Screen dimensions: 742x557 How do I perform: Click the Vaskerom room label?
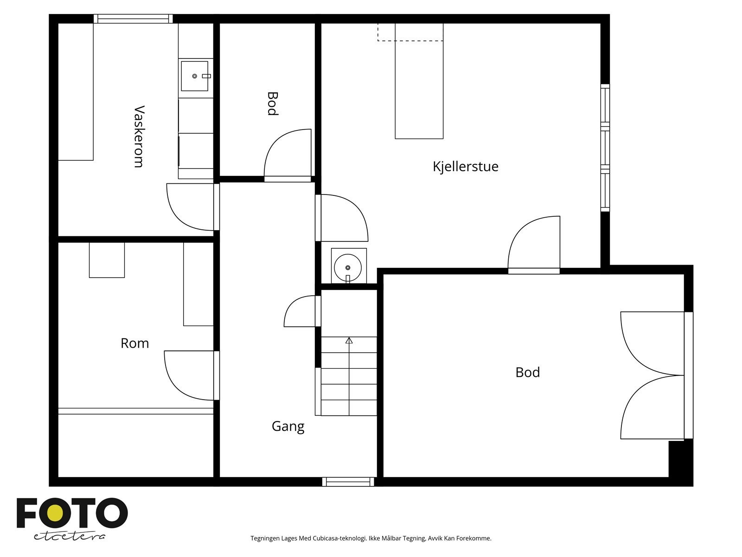(x=139, y=136)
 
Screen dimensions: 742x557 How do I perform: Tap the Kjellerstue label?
(x=466, y=167)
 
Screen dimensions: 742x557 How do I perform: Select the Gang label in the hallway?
(x=288, y=427)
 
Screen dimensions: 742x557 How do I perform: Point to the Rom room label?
(x=134, y=343)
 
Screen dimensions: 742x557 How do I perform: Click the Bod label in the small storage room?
(x=273, y=104)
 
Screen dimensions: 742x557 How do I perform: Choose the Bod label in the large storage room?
(x=527, y=372)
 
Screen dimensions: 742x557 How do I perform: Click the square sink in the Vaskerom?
(x=195, y=76)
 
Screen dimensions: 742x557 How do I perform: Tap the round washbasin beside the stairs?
(x=348, y=267)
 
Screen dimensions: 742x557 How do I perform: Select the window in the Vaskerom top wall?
(x=133, y=19)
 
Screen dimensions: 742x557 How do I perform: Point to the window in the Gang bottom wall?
(x=348, y=482)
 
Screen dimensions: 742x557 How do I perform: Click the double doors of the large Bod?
(x=653, y=376)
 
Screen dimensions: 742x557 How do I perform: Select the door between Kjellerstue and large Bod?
(x=534, y=245)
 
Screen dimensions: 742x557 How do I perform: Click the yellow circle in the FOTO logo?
(x=55, y=513)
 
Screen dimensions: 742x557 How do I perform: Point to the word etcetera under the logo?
(x=69, y=537)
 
